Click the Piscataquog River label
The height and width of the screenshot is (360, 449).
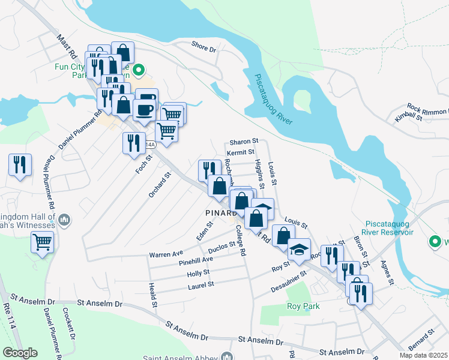pos(274,100)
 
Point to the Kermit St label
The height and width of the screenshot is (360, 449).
pos(241,154)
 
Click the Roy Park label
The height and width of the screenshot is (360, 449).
pos(303,306)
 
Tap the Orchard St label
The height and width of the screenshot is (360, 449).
pos(160,184)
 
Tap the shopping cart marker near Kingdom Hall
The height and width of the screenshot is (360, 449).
pos(42,242)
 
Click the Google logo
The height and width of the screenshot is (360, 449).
pos(20,352)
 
